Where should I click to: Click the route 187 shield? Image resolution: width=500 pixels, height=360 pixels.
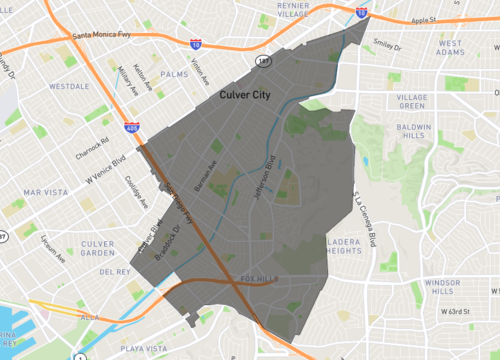263,62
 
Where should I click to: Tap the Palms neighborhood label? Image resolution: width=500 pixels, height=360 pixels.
173,73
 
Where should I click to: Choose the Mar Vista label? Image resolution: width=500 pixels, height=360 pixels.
42,191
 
